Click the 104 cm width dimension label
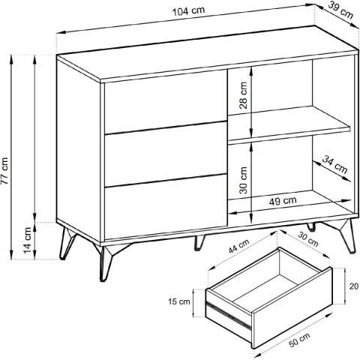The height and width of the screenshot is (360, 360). pyautogui.click(x=188, y=11)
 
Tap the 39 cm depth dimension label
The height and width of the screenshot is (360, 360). pyautogui.click(x=340, y=10)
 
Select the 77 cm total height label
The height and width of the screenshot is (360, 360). pyautogui.click(x=4, y=171)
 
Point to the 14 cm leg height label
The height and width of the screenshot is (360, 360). pyautogui.click(x=27, y=240)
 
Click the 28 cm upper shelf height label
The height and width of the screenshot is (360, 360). pyautogui.click(x=243, y=95)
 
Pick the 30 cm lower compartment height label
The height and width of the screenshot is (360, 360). pyautogui.click(x=243, y=180)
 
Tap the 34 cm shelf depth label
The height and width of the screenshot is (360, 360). pyautogui.click(x=334, y=164)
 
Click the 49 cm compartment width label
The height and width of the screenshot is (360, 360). pyautogui.click(x=283, y=201)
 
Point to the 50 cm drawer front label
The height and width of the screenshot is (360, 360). pyautogui.click(x=299, y=340)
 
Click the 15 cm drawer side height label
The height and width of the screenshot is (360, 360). pyautogui.click(x=179, y=301)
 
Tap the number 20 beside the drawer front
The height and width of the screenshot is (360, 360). pyautogui.click(x=354, y=286)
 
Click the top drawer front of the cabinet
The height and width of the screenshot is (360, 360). pyautogui.click(x=166, y=101)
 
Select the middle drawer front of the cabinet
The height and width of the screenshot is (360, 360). pyautogui.click(x=166, y=154)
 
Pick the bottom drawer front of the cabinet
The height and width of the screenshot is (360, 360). pyautogui.click(x=166, y=206)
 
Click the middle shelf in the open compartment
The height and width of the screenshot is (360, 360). pyautogui.click(x=289, y=125)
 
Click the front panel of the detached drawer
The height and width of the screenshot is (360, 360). pyautogui.click(x=292, y=308)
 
